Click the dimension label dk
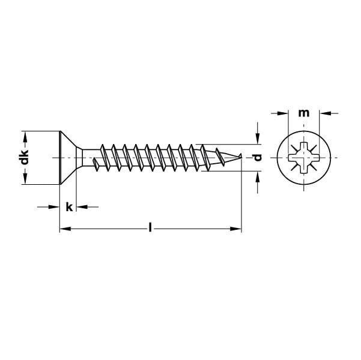[25, 157]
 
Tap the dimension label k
[69, 207]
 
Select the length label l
[150, 227]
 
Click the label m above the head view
[304, 113]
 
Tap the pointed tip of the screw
[241, 155]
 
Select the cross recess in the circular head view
[304, 158]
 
